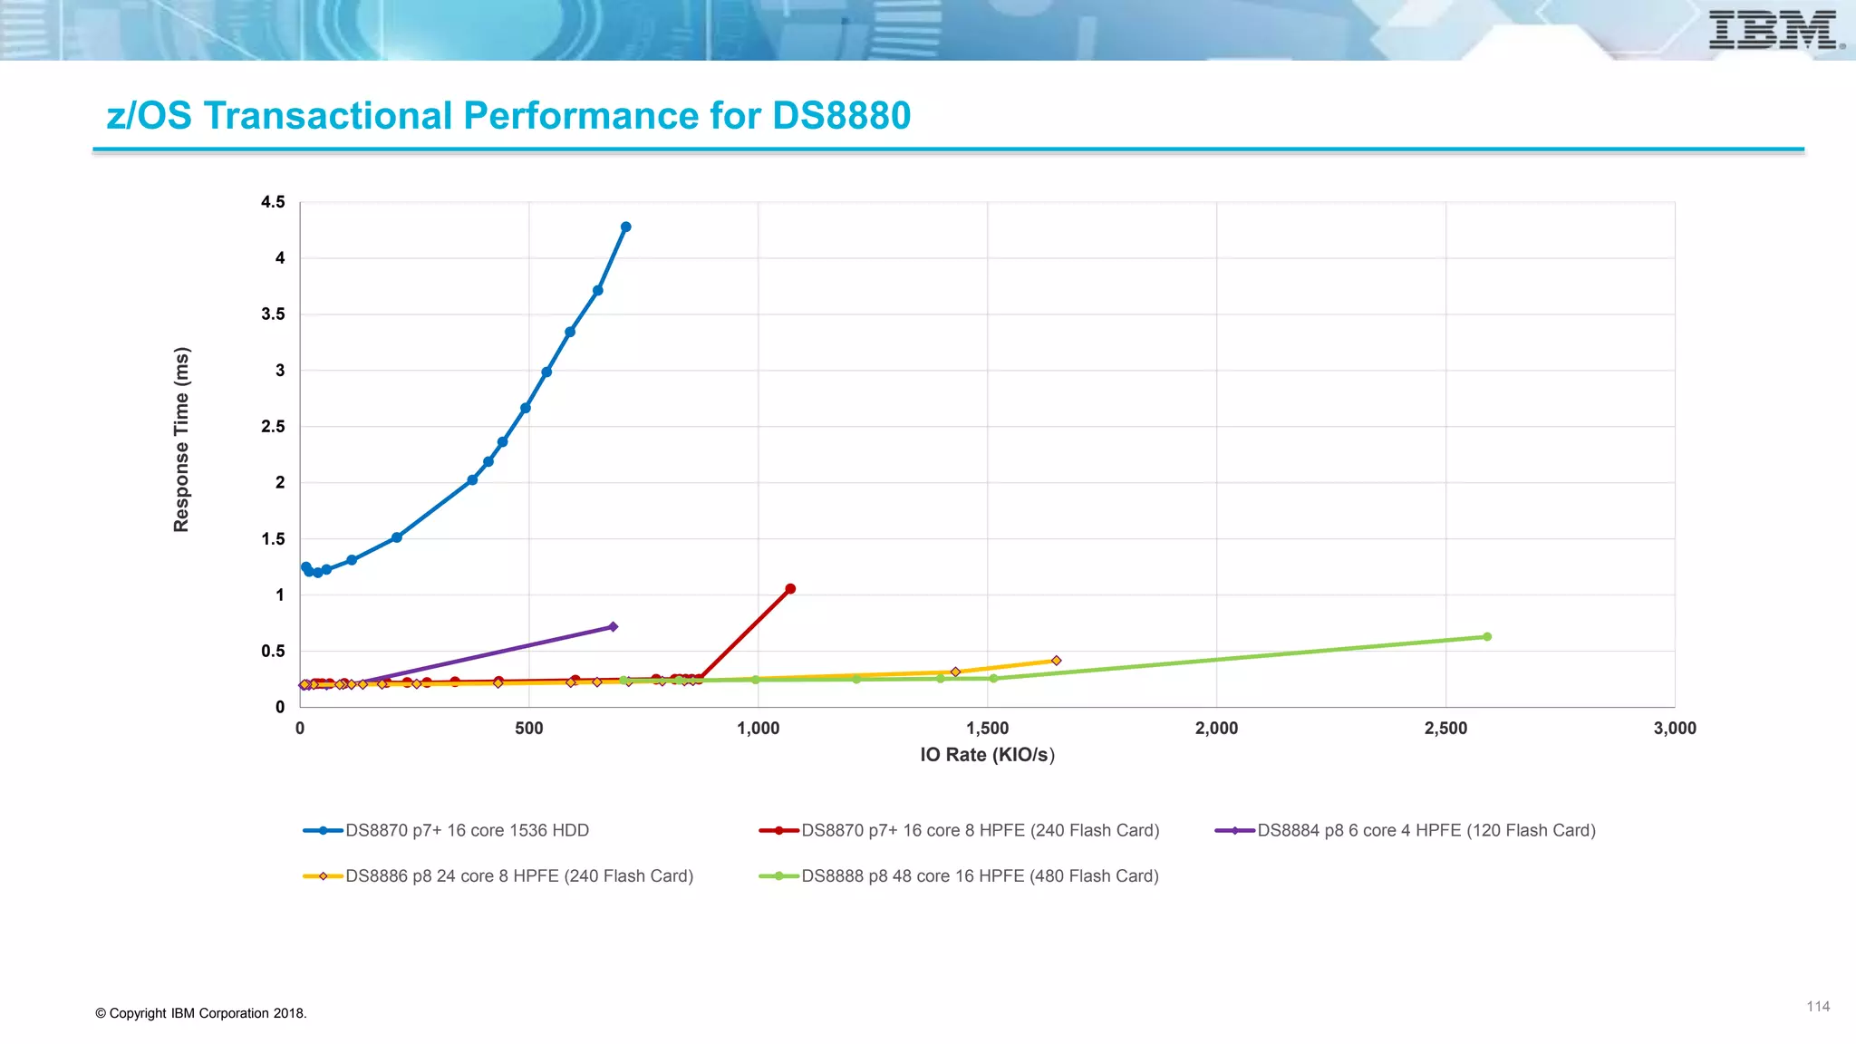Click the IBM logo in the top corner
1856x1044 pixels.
click(x=1774, y=30)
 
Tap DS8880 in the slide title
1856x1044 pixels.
click(x=841, y=116)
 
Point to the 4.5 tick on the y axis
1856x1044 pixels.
click(x=273, y=202)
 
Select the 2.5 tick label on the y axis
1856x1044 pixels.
click(x=273, y=427)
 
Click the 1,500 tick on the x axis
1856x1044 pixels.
click(x=987, y=729)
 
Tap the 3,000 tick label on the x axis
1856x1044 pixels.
click(x=1674, y=729)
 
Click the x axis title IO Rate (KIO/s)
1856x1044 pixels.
click(x=987, y=755)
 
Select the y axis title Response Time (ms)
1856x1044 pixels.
click(x=181, y=440)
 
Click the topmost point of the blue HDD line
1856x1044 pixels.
click(x=625, y=227)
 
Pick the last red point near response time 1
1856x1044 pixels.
click(x=790, y=589)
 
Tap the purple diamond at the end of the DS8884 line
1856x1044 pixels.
click(x=613, y=627)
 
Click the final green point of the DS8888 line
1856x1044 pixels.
click(x=1487, y=637)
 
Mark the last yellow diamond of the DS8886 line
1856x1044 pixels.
click(x=1056, y=661)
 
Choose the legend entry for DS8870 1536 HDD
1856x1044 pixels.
click(x=466, y=830)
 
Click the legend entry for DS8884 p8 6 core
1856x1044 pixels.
click(x=1426, y=830)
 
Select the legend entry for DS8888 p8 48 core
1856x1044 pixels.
click(x=979, y=876)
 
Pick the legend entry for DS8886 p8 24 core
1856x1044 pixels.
click(x=518, y=876)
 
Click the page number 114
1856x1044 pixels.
click(x=1817, y=1007)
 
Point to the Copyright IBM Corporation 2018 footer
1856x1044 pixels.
click(x=201, y=1013)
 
